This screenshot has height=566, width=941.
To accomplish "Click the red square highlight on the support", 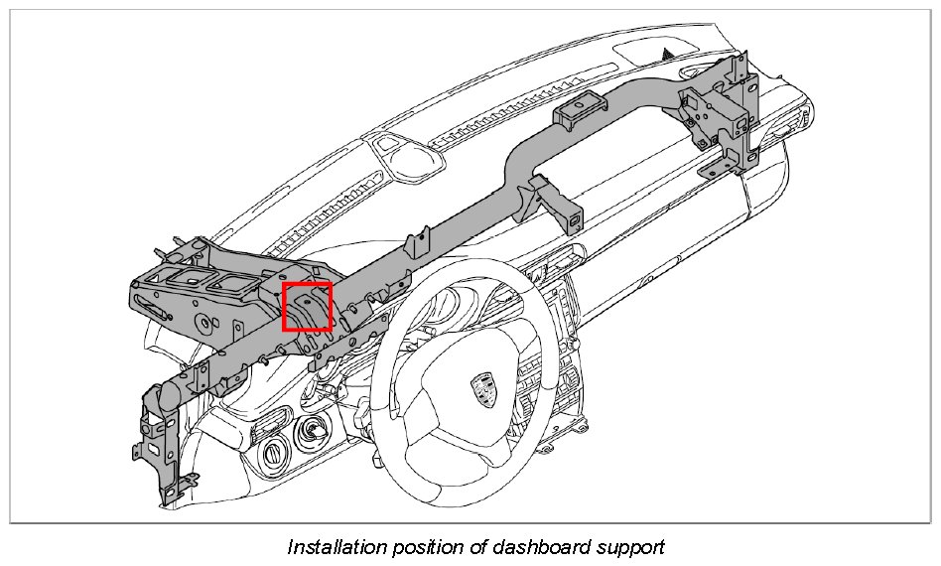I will pos(307,306).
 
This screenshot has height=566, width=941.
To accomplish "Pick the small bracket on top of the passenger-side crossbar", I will pos(580,111).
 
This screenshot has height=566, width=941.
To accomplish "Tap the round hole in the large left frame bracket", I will pos(205,321).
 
